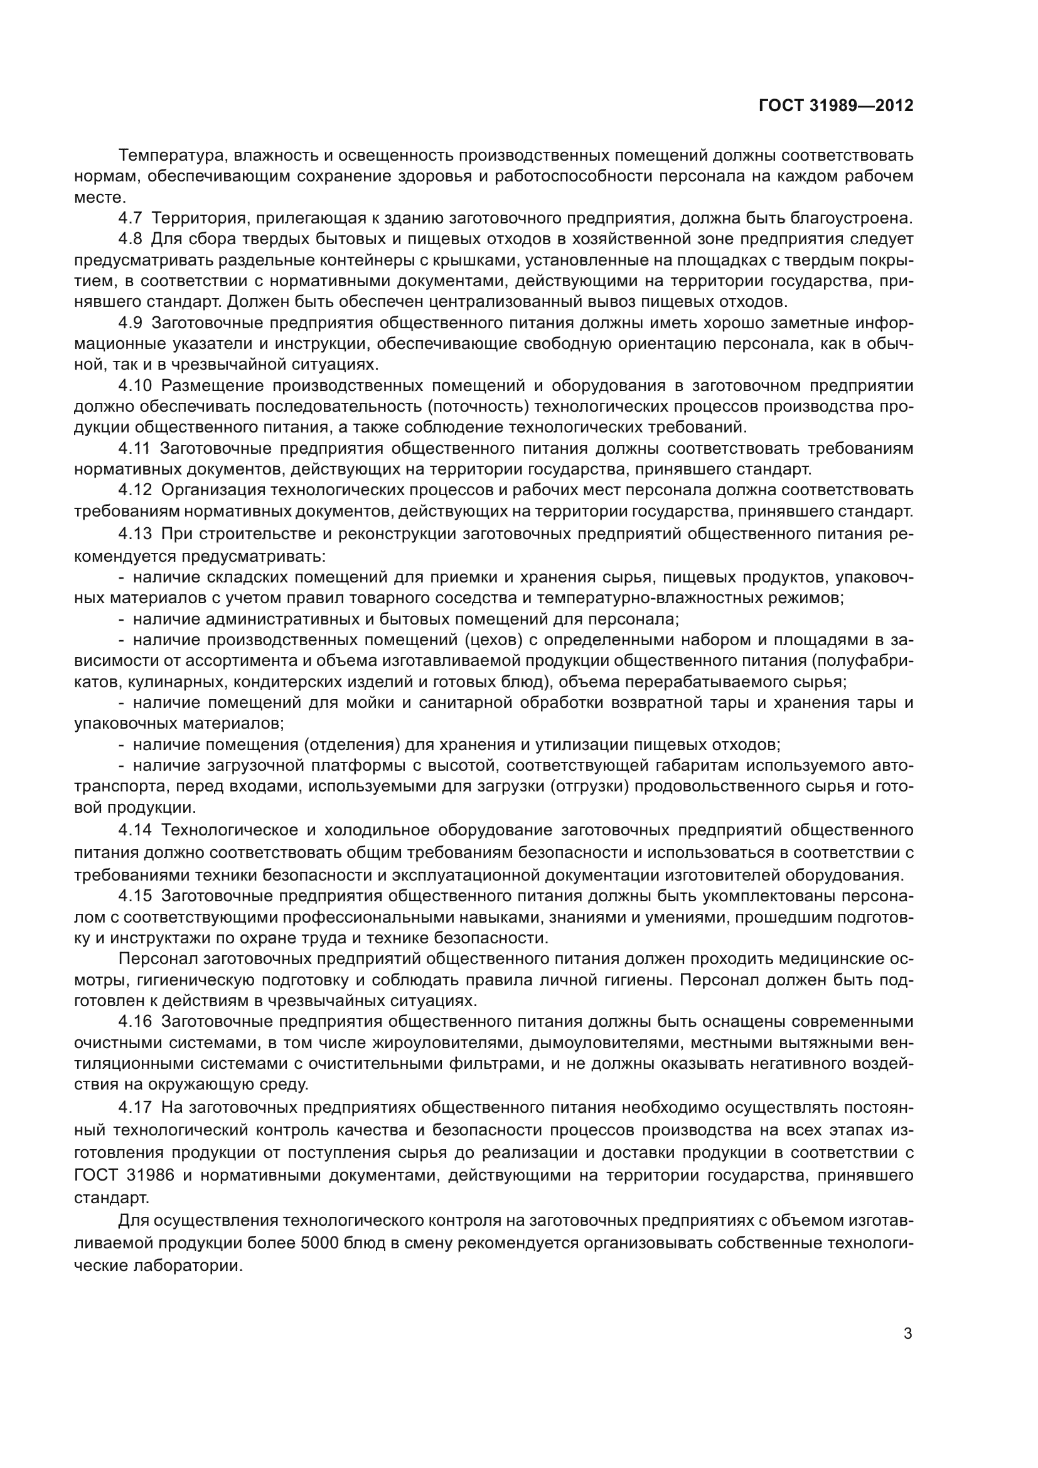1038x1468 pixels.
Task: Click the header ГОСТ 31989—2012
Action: coord(836,105)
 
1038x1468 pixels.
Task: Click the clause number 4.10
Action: coord(135,385)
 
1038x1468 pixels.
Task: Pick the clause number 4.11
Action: coord(134,448)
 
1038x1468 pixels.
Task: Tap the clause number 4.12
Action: coord(135,490)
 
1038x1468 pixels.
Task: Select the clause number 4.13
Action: coord(135,533)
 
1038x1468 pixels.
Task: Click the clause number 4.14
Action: coord(135,830)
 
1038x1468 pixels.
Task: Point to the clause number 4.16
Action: coord(135,1021)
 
